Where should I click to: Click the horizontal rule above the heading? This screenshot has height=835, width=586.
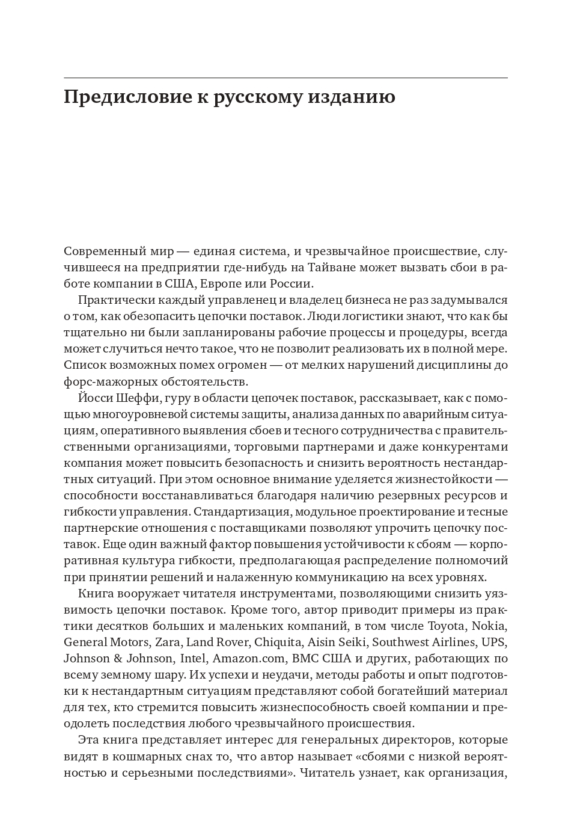point(285,78)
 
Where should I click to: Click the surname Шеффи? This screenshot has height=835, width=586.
point(136,398)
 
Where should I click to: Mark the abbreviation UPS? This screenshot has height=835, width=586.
point(495,642)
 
